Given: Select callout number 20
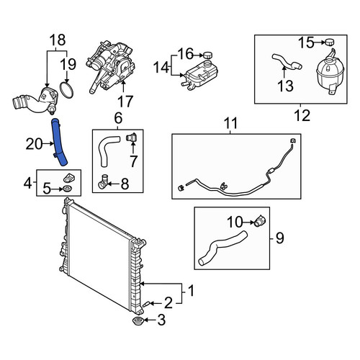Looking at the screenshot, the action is (x=34, y=144).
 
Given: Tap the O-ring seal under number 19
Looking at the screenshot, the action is (x=66, y=90).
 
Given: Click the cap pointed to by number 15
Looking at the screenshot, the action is (x=330, y=42).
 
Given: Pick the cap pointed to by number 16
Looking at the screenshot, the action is (x=208, y=55).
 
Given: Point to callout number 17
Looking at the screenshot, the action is (x=125, y=102).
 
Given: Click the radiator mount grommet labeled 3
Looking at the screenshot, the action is (x=138, y=320).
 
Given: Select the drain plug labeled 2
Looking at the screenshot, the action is (x=146, y=304).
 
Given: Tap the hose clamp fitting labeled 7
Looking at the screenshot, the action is (x=131, y=137).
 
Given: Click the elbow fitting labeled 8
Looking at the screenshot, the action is (x=103, y=181).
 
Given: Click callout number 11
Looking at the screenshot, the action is (x=230, y=123).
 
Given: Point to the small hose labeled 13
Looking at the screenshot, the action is (x=287, y=61).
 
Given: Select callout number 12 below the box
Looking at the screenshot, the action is (x=302, y=115).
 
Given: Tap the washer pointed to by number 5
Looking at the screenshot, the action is (x=66, y=189).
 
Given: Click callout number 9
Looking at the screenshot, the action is (x=280, y=238).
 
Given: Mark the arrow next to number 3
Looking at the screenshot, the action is (x=150, y=320).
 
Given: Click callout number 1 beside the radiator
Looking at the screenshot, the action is (x=191, y=291).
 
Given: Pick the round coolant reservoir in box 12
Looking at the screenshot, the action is (x=330, y=73).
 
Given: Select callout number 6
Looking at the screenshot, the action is (x=118, y=118).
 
